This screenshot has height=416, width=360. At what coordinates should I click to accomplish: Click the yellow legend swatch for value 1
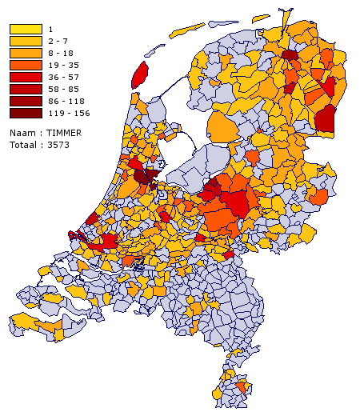[26, 29]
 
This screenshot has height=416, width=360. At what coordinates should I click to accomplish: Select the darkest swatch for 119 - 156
[26, 113]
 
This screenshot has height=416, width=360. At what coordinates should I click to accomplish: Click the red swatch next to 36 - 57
[26, 77]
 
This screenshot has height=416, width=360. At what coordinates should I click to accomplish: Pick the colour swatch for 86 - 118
[26, 101]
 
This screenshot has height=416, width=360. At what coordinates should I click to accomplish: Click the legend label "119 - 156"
[69, 113]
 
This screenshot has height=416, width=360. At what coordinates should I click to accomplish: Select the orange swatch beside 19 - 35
[26, 65]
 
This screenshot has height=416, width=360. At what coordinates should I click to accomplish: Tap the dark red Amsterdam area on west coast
[145, 176]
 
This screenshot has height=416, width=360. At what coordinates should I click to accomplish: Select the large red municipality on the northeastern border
[325, 119]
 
